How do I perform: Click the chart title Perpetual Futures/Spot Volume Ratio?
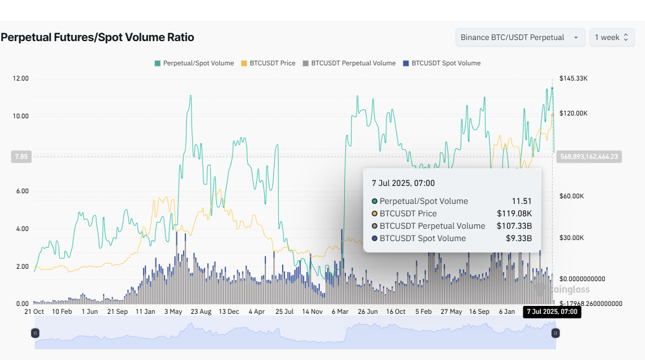[97, 38]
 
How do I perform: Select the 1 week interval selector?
[612, 37]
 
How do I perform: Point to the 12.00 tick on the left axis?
[20, 78]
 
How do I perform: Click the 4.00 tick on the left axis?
[21, 229]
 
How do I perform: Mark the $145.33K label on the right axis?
[573, 78]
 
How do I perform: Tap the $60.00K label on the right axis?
[572, 196]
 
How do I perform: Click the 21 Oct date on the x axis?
[34, 312]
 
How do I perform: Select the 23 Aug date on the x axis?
[201, 312]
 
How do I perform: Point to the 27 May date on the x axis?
[451, 312]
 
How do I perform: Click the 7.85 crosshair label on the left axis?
[21, 157]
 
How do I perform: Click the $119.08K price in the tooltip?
[514, 214]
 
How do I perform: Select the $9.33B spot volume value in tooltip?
[519, 238]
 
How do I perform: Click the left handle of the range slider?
[35, 333]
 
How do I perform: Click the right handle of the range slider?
[555, 333]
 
